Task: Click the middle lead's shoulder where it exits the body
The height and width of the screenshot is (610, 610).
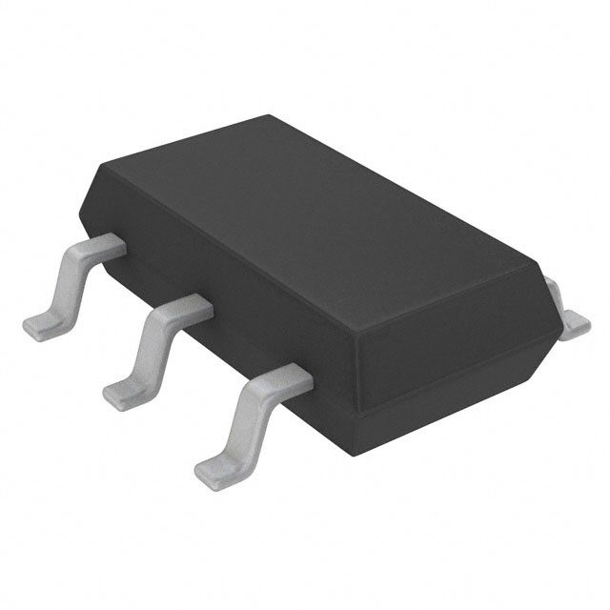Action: pos(191,308)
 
